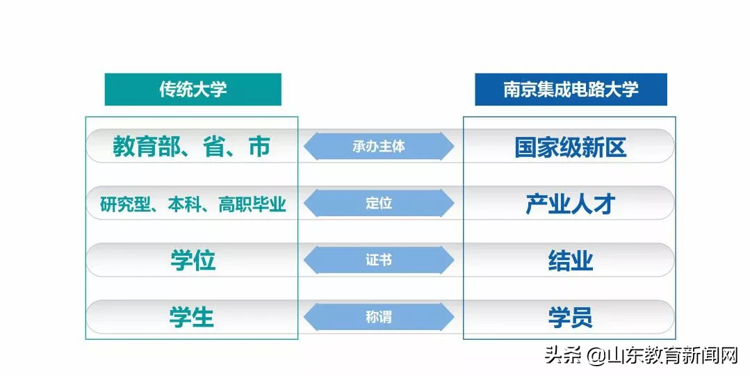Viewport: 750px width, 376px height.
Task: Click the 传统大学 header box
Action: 193,90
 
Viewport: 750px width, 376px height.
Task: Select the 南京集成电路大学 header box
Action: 571,90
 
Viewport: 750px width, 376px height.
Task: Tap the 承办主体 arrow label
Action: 379,146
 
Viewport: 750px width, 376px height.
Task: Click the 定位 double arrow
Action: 379,203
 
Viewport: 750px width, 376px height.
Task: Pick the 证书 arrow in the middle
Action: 379,260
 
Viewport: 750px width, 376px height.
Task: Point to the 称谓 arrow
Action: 379,317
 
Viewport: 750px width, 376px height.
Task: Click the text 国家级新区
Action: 570,147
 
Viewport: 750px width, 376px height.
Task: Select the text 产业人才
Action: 570,204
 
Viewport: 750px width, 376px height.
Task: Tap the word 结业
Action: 570,261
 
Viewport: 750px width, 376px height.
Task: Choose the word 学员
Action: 570,318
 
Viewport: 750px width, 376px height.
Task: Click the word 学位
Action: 193,261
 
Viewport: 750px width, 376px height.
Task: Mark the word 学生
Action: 191,318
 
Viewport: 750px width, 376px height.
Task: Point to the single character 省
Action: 214,147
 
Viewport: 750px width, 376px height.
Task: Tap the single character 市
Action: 259,147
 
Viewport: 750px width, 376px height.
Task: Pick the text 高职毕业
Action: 252,204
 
